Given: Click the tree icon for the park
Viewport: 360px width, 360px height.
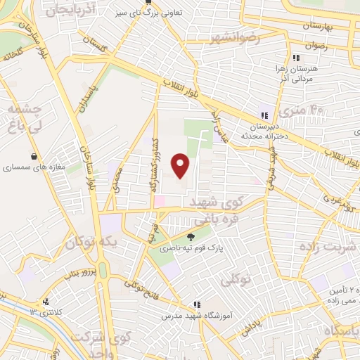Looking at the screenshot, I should [191, 237].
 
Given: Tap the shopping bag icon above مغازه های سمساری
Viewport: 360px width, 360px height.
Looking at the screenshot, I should [33, 156].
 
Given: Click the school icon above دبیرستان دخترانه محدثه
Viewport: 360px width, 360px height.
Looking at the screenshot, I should [264, 115].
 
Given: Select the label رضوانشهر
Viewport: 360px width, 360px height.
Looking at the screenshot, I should [235, 37].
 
